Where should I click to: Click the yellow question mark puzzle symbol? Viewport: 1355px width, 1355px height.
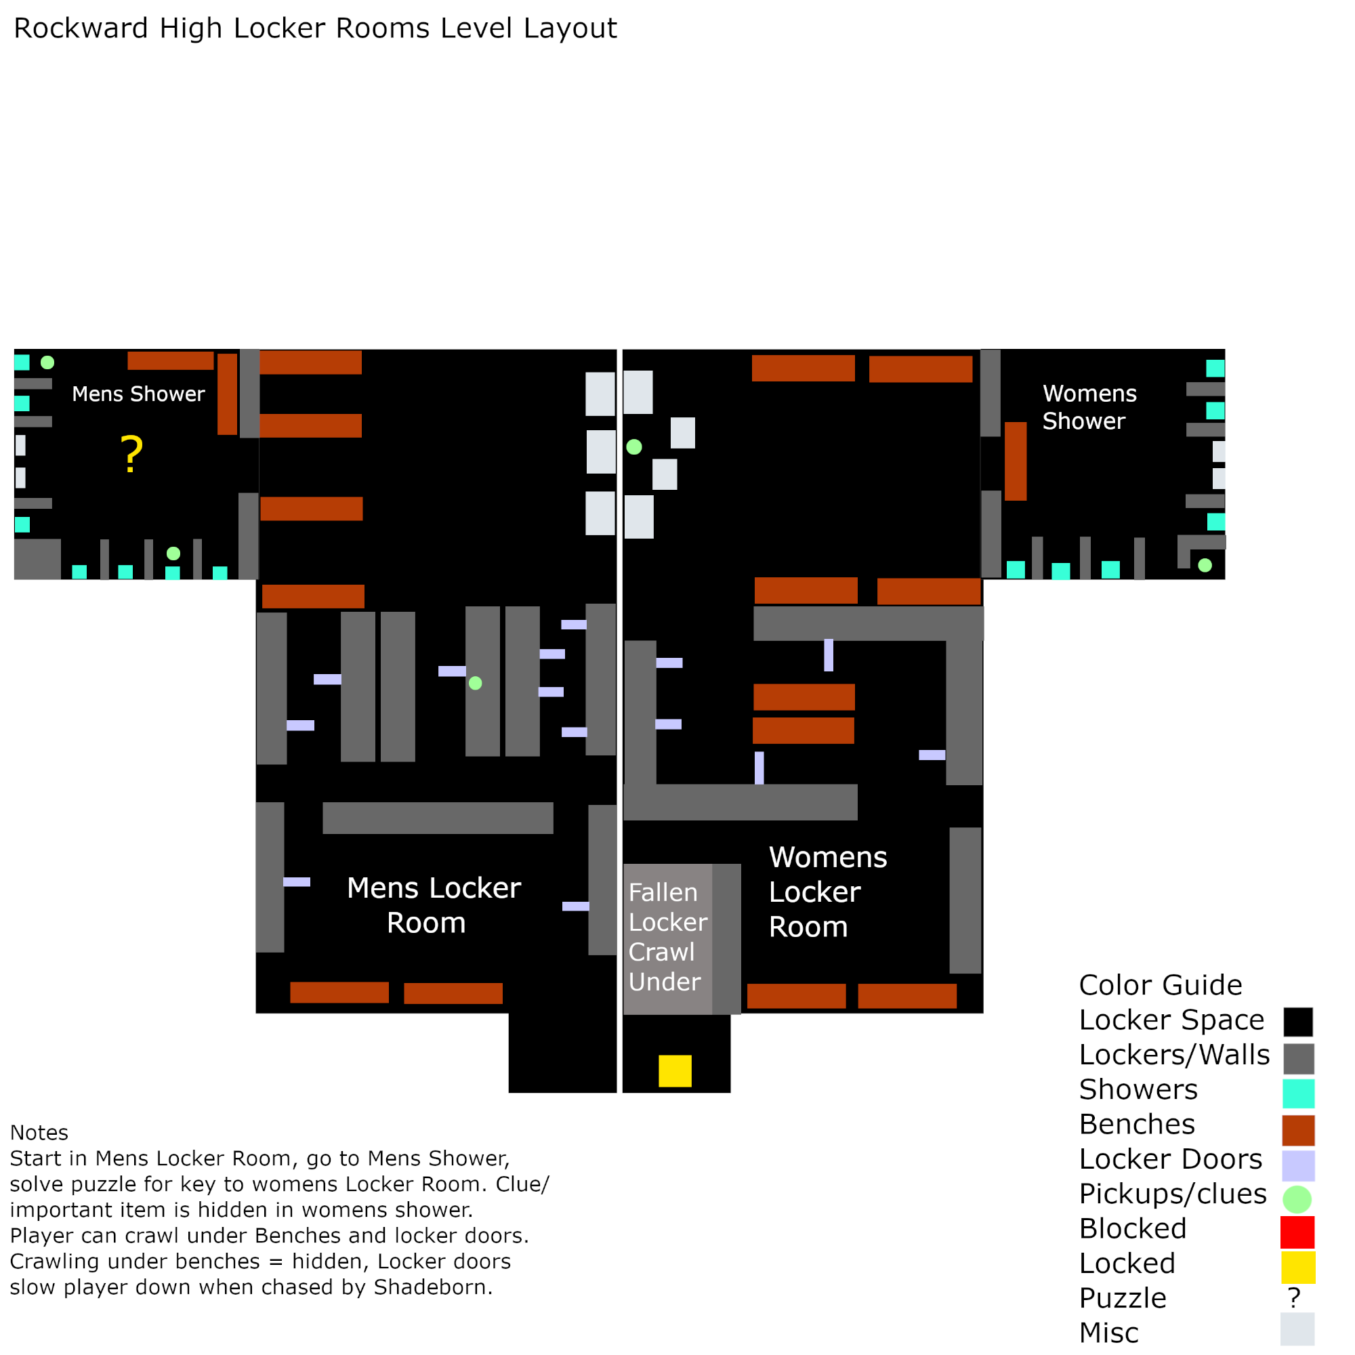[132, 454]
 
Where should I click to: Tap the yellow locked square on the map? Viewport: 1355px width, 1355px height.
[675, 1071]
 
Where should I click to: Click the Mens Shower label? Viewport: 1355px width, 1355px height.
[138, 394]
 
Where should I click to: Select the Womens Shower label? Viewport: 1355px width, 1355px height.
[1089, 406]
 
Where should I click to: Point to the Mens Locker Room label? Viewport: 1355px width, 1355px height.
[434, 904]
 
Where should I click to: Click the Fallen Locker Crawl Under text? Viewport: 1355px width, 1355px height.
[667, 937]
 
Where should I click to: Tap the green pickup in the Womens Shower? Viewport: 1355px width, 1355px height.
[1205, 565]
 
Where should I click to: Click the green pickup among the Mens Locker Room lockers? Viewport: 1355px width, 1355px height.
[475, 683]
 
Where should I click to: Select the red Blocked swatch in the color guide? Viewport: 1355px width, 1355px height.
[1297, 1232]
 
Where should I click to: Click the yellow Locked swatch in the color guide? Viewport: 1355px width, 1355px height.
[1297, 1267]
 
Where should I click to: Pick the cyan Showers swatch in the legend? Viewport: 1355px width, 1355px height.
[1297, 1093]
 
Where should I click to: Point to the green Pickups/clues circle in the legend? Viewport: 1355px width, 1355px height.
[1297, 1199]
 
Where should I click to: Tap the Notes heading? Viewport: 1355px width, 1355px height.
[39, 1133]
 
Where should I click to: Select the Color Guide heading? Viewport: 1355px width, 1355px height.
[1160, 984]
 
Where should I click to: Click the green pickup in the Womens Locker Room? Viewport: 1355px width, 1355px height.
[634, 446]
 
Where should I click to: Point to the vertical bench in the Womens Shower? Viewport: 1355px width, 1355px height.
[1015, 461]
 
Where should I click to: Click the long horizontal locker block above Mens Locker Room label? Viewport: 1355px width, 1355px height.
[438, 818]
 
